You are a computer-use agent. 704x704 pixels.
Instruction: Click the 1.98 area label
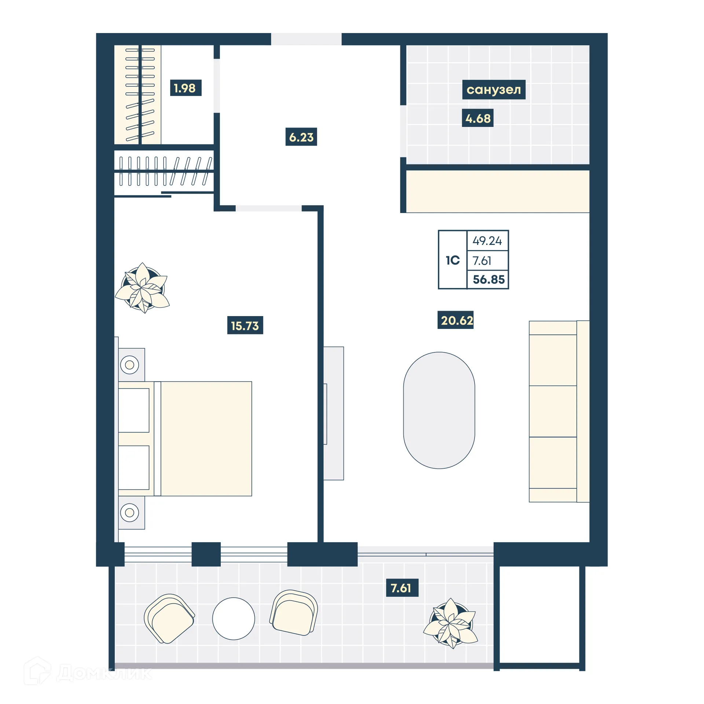click(186, 88)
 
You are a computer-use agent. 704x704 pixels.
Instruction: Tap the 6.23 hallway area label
click(301, 137)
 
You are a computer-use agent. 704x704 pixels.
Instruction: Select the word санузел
click(494, 89)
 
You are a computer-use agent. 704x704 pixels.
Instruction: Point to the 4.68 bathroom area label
click(477, 118)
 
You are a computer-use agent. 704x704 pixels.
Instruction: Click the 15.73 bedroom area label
click(245, 325)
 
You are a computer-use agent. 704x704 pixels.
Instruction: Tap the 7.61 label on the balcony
click(402, 588)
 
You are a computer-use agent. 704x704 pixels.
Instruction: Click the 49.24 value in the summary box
click(487, 241)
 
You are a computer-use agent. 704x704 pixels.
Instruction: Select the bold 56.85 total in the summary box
click(488, 280)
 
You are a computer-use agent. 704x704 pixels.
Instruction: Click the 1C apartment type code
click(452, 260)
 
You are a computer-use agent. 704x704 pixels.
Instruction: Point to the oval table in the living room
click(439, 410)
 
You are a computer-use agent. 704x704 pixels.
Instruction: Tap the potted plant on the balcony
click(451, 623)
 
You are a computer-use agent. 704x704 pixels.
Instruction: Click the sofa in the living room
click(558, 411)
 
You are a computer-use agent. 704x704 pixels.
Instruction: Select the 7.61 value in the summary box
click(482, 261)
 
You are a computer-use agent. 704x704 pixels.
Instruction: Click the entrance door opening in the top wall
click(306, 39)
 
